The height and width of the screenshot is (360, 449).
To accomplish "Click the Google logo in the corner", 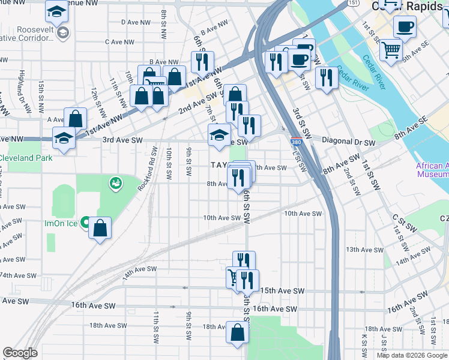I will point(20,353).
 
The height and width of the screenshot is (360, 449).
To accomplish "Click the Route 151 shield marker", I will point(355,3).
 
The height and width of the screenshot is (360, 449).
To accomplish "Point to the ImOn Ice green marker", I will point(85,223).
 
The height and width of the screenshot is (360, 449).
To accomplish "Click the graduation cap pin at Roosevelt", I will point(57,12).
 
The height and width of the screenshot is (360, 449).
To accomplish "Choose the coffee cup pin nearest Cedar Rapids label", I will point(404,27).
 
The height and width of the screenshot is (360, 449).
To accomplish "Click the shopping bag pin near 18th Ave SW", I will point(237,332).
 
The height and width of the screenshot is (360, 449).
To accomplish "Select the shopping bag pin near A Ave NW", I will point(76,118).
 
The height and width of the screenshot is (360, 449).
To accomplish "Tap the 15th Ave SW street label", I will point(283,291).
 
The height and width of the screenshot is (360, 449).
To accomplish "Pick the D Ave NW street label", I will point(135,22).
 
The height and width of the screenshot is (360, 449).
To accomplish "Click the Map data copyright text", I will point(411,355).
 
